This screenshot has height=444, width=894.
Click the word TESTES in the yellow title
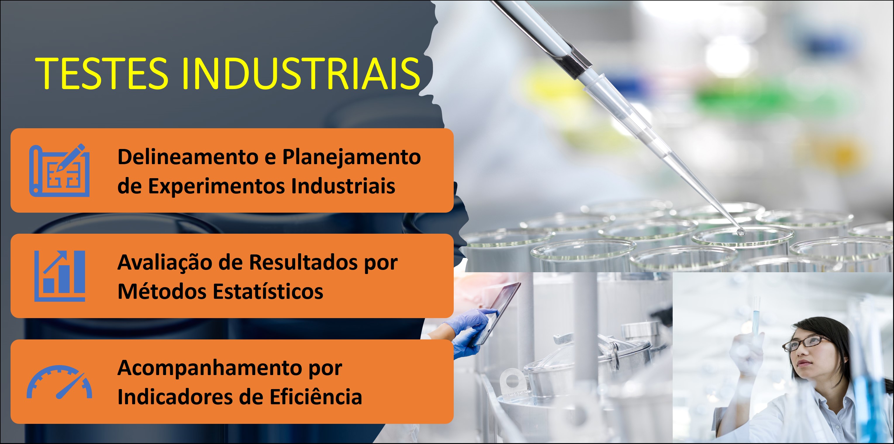[x=101, y=74]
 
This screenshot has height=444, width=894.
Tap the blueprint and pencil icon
[x=59, y=170]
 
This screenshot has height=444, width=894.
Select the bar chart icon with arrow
[x=60, y=276]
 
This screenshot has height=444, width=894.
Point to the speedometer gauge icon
[x=59, y=382]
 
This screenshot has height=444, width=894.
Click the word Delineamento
[x=188, y=157]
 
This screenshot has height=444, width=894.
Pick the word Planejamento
[x=351, y=157]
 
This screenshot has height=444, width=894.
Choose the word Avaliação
[x=165, y=262]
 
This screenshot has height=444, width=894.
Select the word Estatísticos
[x=267, y=292]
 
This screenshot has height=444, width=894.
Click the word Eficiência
[x=315, y=397]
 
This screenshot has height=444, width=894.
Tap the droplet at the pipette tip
[x=740, y=232]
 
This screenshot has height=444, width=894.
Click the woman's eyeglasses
[x=805, y=343]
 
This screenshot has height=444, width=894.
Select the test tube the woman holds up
[x=755, y=316]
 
